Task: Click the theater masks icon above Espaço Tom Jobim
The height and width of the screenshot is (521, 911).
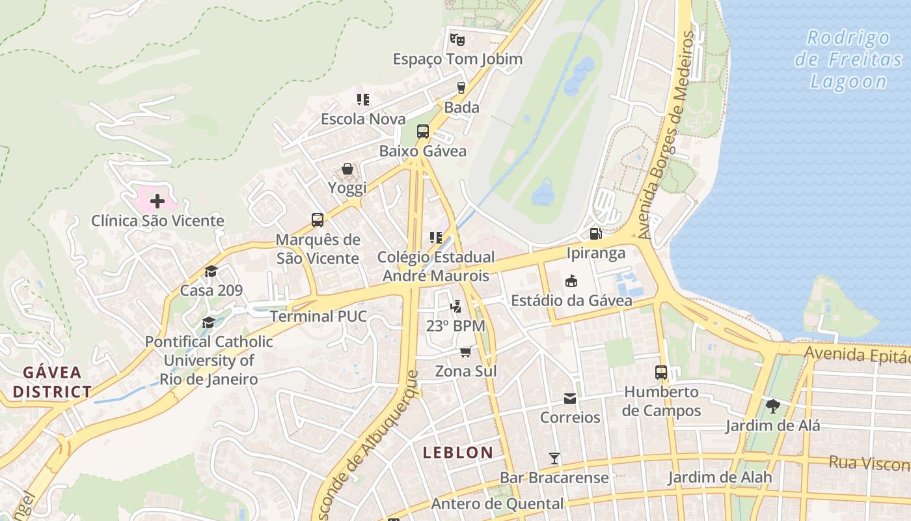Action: pyautogui.click(x=457, y=39)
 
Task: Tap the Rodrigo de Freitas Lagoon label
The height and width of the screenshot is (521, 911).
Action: pyautogui.click(x=849, y=60)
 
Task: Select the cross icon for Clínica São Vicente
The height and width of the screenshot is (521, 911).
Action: pyautogui.click(x=157, y=201)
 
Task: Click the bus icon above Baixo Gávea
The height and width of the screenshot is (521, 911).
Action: pyautogui.click(x=423, y=132)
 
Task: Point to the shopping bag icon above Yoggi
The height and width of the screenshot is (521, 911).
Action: pyautogui.click(x=347, y=169)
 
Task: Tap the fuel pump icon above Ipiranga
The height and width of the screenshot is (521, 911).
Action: pyautogui.click(x=595, y=233)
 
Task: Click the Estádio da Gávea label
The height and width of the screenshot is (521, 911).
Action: pyautogui.click(x=571, y=300)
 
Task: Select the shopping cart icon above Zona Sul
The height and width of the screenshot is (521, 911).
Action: pyautogui.click(x=465, y=352)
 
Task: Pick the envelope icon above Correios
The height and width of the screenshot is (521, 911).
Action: pyautogui.click(x=570, y=398)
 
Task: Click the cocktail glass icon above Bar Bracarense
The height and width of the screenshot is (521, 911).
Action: pyautogui.click(x=554, y=458)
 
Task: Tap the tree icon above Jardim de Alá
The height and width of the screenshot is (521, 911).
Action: pyautogui.click(x=772, y=407)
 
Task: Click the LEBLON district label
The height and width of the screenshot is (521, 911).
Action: pyautogui.click(x=458, y=453)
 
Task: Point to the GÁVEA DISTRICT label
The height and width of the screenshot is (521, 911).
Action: pyautogui.click(x=52, y=382)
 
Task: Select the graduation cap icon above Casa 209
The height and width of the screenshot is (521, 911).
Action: pyautogui.click(x=211, y=272)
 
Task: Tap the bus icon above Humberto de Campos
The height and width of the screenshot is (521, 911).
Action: pyautogui.click(x=661, y=373)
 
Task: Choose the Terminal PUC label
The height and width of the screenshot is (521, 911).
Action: pyautogui.click(x=318, y=317)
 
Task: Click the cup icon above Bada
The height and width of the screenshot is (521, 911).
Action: pyautogui.click(x=461, y=88)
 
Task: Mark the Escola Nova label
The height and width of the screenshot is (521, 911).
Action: pyautogui.click(x=363, y=119)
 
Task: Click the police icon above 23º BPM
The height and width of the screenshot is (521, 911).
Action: pyautogui.click(x=456, y=306)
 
